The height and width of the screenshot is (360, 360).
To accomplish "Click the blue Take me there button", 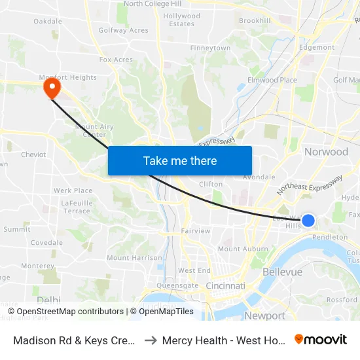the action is (180, 160).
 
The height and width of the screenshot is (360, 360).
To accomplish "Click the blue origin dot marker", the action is (308, 221).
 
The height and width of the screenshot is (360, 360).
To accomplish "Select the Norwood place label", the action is (326, 152).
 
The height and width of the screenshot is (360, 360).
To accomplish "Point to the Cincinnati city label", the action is (225, 286).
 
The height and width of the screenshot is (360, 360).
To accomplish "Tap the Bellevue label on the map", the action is (282, 272).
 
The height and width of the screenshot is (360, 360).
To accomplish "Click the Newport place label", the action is (264, 315).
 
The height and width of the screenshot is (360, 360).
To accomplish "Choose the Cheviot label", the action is (33, 155).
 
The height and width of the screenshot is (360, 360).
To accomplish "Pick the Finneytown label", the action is (210, 48).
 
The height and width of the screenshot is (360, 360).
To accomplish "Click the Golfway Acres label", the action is (123, 30).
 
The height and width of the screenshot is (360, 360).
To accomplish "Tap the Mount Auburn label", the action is (243, 249).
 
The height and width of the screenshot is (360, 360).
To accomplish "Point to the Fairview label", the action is (195, 231).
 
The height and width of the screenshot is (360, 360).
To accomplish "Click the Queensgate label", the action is (177, 285).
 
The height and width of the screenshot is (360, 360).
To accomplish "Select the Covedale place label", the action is (46, 242).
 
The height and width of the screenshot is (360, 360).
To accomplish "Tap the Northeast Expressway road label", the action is (309, 185).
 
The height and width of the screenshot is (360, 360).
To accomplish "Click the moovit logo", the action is (320, 339).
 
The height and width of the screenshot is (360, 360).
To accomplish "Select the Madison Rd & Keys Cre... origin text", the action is (73, 340).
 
